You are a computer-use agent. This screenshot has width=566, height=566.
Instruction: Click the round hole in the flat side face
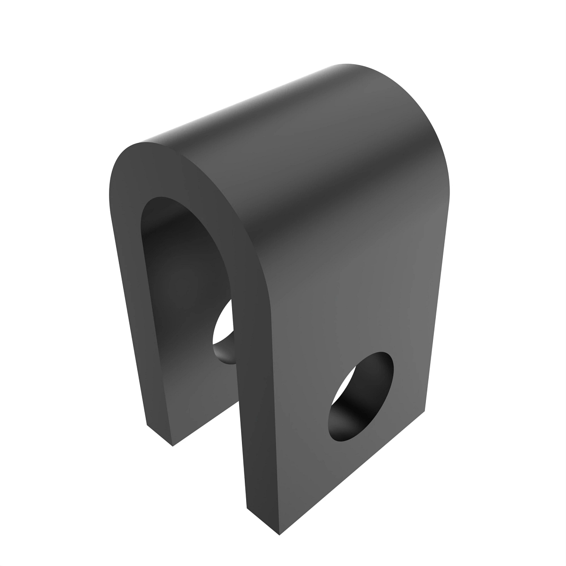pos(361,396)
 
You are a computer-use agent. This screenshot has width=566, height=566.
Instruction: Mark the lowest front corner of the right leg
pos(279,534)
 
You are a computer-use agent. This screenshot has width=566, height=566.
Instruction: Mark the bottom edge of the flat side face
pos(354,472)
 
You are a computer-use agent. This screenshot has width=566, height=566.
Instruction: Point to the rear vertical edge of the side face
pos(436,307)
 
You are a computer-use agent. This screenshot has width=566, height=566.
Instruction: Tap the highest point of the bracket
pos(349,64)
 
